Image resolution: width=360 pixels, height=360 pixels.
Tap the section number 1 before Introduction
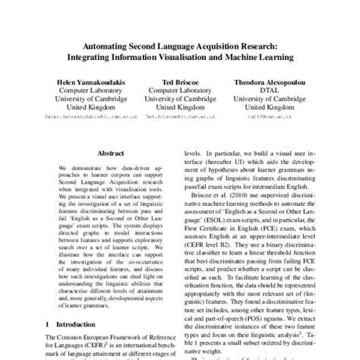tap(48, 322)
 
